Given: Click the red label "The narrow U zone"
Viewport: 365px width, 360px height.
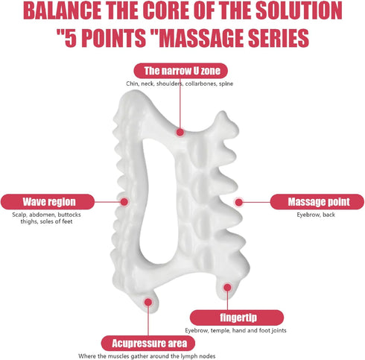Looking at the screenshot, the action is point(180,71).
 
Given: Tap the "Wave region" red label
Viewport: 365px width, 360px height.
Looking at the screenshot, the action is point(48,202).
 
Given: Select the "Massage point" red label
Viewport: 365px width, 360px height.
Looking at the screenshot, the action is point(317,202).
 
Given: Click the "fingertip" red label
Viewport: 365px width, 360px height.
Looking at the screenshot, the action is point(237,318).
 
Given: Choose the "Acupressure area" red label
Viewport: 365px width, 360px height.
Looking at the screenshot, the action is point(148,344).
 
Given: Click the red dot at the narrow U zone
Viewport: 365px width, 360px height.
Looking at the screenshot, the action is point(180,132).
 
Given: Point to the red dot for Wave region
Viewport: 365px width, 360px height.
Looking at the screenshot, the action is point(124,202).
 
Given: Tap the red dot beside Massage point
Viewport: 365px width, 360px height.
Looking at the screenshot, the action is point(238,203).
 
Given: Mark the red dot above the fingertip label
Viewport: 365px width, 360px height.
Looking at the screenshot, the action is point(227,288).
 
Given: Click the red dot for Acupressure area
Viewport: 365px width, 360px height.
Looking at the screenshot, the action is point(148,303).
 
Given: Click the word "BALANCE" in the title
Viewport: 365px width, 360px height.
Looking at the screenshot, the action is point(63,11).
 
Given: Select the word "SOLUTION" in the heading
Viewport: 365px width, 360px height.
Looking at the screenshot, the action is point(299,11).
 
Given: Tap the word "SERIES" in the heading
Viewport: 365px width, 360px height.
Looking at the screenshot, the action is point(279,38).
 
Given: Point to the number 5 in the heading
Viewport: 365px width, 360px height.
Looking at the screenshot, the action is point(70,38).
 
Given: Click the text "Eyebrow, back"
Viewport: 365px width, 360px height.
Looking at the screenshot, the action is point(316,215).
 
